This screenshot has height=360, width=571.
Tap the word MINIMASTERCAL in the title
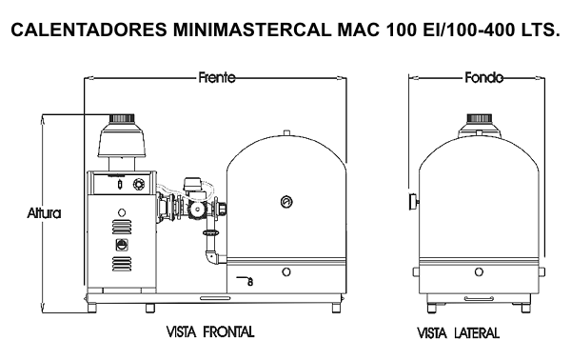click(252, 30)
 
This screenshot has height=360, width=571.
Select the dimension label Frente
click(217, 77)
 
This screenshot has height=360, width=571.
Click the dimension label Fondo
click(484, 77)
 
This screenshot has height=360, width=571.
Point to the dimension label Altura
click(44, 212)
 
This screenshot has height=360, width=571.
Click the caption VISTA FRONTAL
click(210, 332)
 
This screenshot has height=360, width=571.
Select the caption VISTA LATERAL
click(458, 333)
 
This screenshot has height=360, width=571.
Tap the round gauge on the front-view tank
click(286, 202)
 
